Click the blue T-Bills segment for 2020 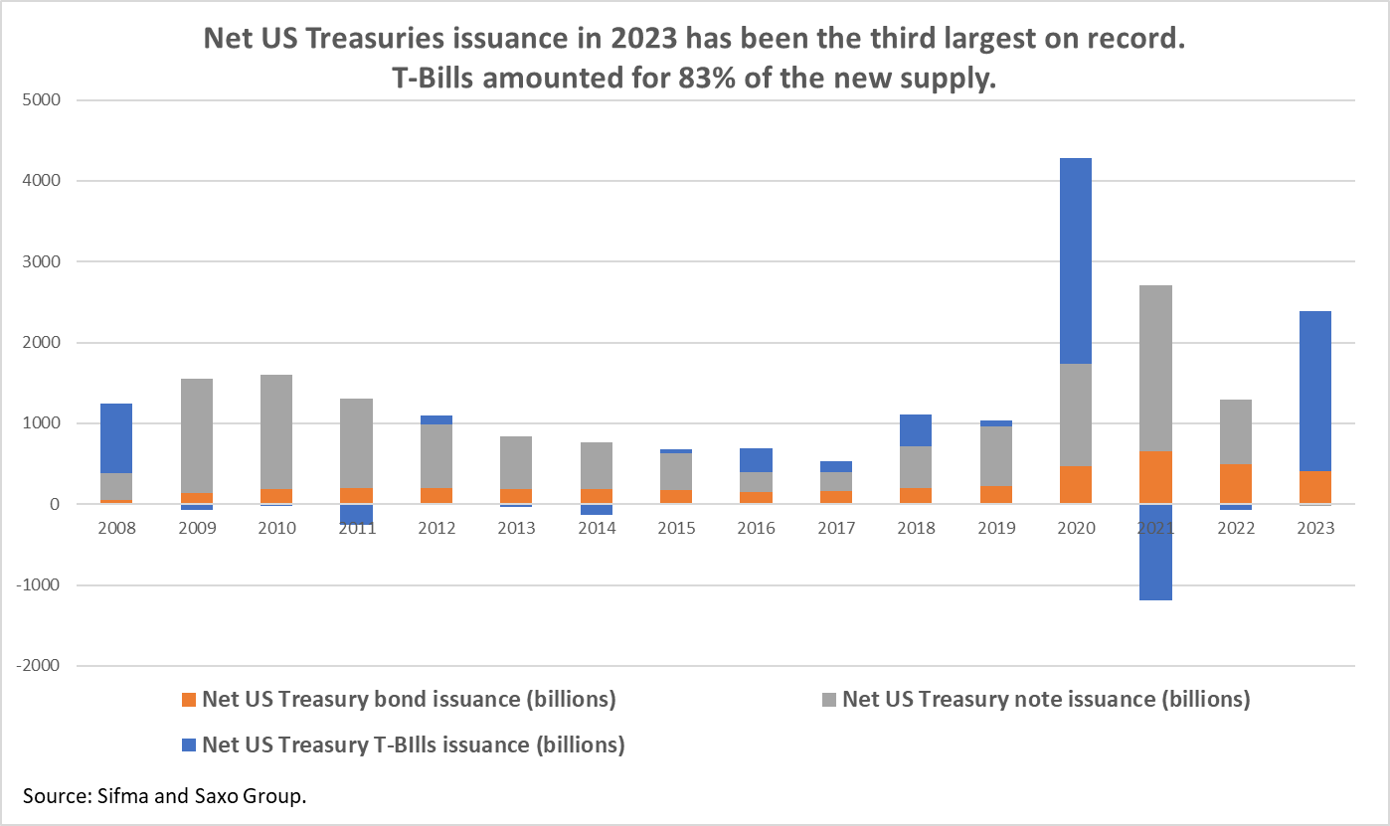point(1075,260)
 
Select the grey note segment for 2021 point(1154,368)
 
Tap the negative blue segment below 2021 point(1154,552)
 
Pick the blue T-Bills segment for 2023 point(1314,391)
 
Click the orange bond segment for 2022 point(1234,484)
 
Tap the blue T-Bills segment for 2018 point(915,430)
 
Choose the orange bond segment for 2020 point(1075,485)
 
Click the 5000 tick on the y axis point(41,100)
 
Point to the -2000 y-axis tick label point(38,666)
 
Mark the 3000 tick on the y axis point(41,262)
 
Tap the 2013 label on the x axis point(515,528)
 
